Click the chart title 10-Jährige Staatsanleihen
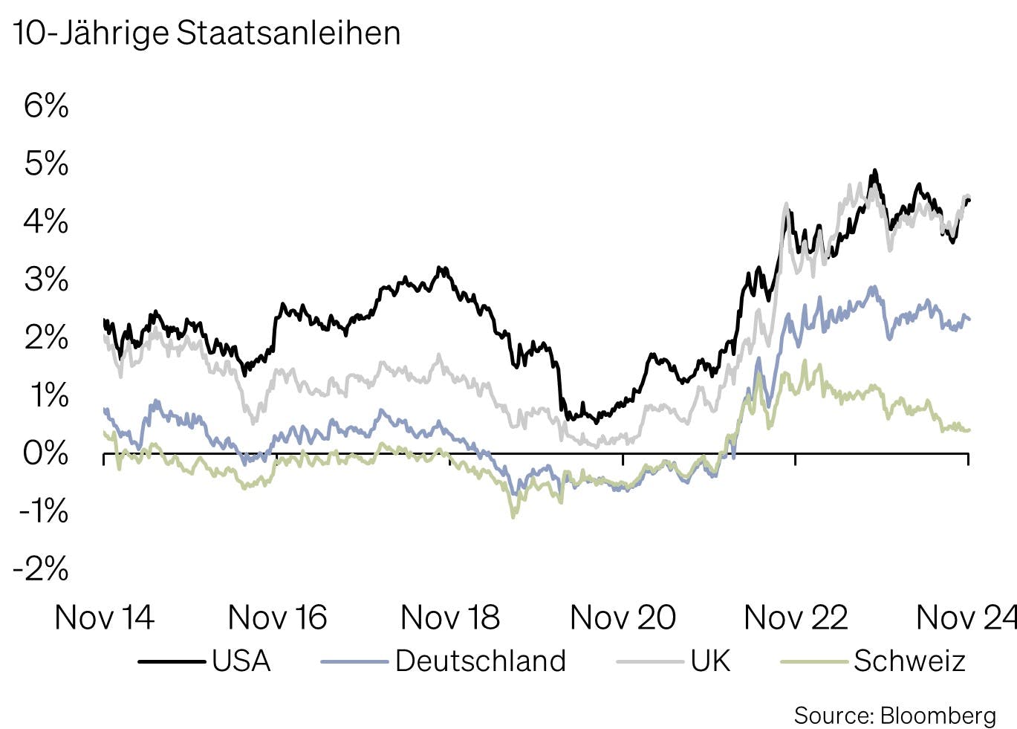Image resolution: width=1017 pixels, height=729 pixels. tap(207, 33)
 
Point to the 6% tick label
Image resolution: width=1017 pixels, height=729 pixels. tap(46, 106)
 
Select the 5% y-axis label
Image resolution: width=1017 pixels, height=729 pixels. tap(46, 163)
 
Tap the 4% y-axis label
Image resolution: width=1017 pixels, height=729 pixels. tap(46, 221)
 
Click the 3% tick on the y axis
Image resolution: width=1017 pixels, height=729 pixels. tap(46, 279)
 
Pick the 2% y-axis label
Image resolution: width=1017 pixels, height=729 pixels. tap(46, 337)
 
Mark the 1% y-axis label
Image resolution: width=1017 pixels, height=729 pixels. tap(49, 395)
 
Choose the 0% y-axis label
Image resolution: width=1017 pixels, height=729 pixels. tap(46, 453)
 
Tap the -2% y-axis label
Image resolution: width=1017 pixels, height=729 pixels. tap(41, 569)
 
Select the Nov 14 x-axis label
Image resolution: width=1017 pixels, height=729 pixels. tap(104, 618)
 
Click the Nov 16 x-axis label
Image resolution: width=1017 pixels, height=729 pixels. tap(277, 618)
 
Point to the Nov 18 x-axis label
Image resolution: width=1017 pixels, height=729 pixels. tap(450, 618)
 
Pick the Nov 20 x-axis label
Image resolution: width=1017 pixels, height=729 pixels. tap(623, 618)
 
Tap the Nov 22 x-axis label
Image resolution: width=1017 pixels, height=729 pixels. tap(796, 618)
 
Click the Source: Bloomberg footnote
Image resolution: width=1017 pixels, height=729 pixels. tap(894, 716)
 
